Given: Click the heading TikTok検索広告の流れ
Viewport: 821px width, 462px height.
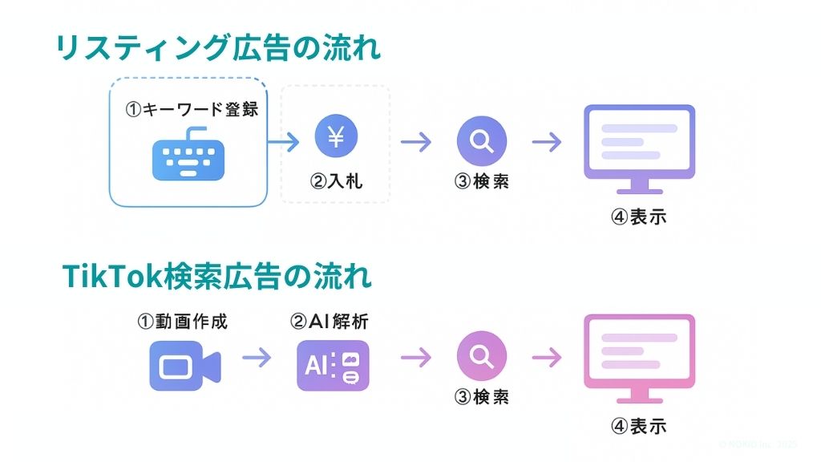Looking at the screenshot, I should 217,278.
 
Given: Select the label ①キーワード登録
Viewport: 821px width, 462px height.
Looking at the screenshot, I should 192,110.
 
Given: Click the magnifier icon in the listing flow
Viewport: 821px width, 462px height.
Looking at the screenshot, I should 481,141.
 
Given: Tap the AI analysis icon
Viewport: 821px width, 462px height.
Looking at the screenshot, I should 333,366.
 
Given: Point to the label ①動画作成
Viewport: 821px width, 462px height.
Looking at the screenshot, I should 183,322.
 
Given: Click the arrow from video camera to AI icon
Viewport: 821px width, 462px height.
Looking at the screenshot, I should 257,358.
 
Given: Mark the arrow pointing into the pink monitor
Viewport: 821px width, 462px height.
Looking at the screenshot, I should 546,358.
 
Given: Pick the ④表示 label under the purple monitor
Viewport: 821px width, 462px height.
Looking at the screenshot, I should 638,217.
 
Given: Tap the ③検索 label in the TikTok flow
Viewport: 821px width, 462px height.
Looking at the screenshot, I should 481,397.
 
